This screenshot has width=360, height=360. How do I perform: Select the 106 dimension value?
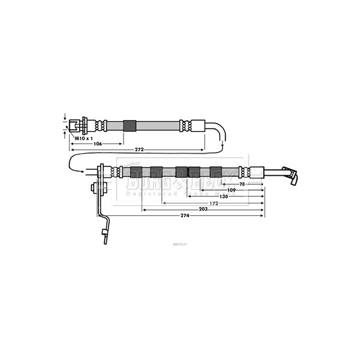96,144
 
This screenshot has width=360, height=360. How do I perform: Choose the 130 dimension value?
223,196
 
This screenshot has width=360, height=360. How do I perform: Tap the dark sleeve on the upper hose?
130,126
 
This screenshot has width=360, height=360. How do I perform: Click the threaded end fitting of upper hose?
77,126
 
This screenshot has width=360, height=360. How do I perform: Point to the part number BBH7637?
180,244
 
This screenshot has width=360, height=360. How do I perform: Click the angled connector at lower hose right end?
290,176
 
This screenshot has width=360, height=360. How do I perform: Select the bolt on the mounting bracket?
95,188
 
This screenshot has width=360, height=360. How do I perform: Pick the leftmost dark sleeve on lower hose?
136,172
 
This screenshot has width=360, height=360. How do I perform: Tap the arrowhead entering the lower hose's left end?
80,172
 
